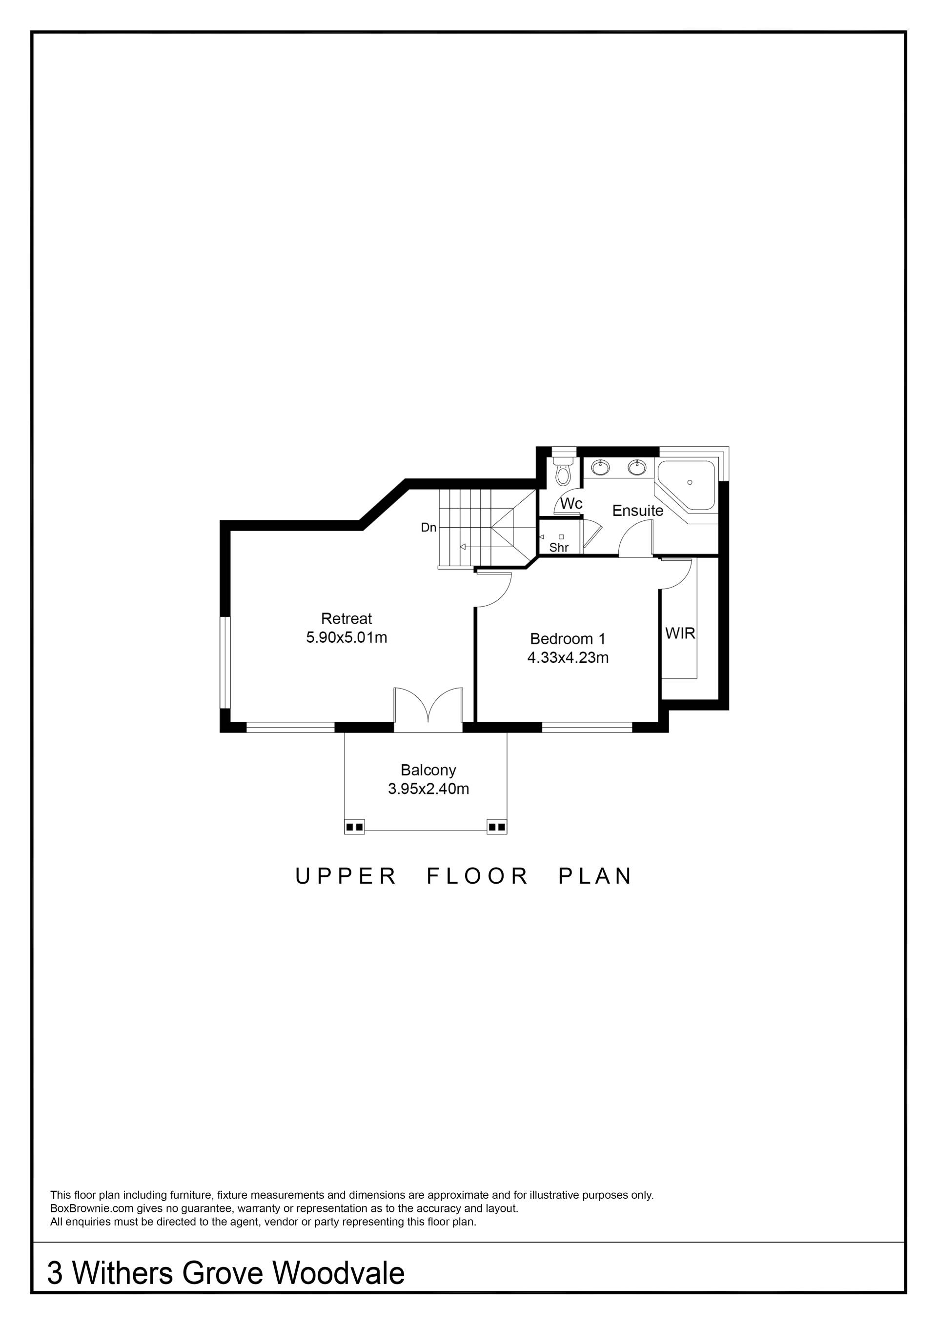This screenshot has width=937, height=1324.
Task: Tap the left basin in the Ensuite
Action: [600, 467]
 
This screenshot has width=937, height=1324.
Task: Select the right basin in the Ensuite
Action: [637, 467]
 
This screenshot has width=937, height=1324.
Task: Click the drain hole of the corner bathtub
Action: [690, 482]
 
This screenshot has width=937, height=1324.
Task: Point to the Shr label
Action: [558, 547]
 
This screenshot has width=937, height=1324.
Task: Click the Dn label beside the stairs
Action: [428, 527]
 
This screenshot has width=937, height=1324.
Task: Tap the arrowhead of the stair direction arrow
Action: [463, 546]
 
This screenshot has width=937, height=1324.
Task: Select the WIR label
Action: [680, 633]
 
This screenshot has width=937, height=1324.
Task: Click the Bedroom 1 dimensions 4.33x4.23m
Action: [568, 657]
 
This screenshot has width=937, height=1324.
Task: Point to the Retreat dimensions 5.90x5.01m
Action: [346, 637]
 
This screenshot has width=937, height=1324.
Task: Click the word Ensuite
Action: [637, 511]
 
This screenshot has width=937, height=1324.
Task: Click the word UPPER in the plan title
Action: [345, 876]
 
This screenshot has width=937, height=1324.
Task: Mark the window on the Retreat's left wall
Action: [225, 662]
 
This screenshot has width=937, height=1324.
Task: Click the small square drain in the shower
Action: [561, 537]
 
